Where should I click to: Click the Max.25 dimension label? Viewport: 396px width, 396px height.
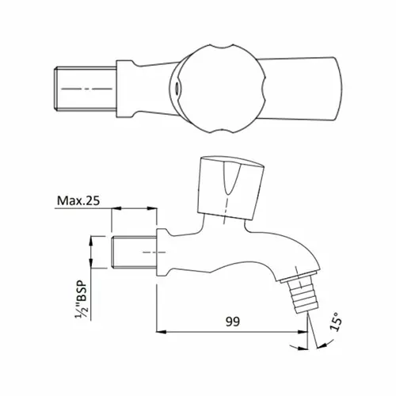tap(78, 200)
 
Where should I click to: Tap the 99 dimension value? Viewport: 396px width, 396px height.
tap(233, 322)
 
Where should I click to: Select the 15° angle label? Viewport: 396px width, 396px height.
tap(336, 322)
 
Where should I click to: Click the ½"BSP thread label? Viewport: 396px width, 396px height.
tap(82, 300)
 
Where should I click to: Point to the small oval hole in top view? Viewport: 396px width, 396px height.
tap(176, 88)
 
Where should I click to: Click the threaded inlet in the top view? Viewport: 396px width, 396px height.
tap(86, 89)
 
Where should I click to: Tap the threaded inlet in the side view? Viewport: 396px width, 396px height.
tap(134, 252)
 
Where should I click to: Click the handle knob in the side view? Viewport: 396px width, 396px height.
tap(230, 188)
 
